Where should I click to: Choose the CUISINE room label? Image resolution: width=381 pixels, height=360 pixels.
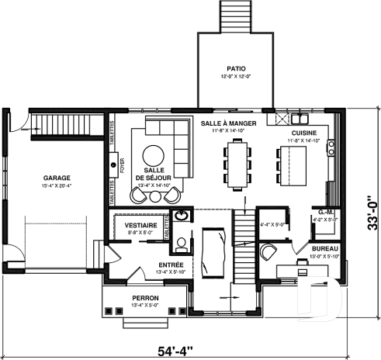click(x=303, y=133)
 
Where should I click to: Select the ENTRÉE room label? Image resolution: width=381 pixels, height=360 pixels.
click(x=149, y=265)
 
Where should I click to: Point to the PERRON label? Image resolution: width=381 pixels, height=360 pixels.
click(x=145, y=298)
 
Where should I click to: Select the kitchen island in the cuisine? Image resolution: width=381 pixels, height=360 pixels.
click(x=291, y=163)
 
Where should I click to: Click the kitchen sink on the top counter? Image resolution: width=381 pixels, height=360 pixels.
click(x=299, y=119)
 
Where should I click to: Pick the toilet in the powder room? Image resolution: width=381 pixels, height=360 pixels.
click(x=182, y=245)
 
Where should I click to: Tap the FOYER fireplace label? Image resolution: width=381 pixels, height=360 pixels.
click(x=122, y=164)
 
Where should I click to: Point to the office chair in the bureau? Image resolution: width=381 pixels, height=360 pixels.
click(x=269, y=251)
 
